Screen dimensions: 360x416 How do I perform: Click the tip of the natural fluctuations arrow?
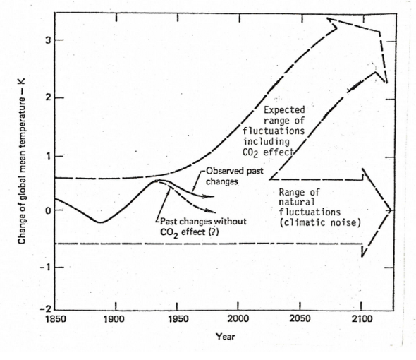click(392, 210)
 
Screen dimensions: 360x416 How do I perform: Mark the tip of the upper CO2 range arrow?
click(327, 19)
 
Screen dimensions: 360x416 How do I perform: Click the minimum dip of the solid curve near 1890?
click(101, 222)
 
